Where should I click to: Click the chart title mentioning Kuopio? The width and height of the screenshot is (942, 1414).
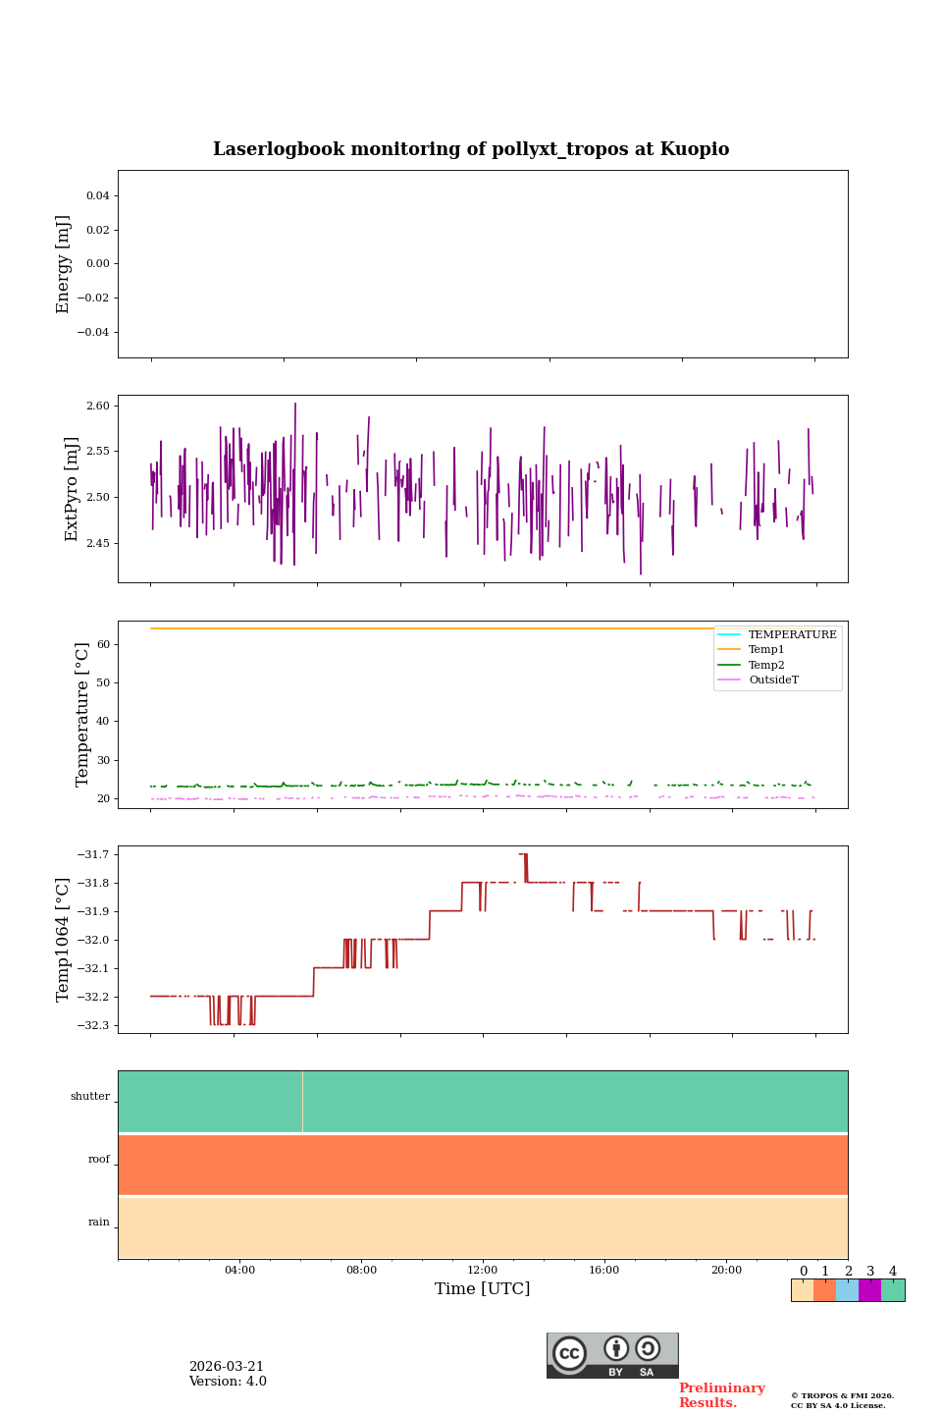click(x=471, y=149)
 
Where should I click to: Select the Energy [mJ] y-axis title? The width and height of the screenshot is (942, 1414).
click(x=64, y=264)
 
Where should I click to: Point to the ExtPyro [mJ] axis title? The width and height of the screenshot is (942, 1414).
click(x=72, y=489)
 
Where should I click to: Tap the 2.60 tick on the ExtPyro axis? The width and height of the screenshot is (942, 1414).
click(x=98, y=406)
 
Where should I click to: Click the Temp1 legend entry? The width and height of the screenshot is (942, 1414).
click(x=766, y=650)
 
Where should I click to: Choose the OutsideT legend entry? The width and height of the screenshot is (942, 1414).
click(x=773, y=680)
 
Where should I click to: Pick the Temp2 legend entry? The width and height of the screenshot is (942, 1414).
click(x=766, y=665)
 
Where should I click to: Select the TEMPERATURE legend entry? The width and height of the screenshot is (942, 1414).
click(x=792, y=635)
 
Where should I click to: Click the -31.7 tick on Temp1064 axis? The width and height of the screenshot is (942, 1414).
click(x=91, y=854)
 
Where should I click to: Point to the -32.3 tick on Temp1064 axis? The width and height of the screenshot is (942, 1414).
click(x=91, y=1025)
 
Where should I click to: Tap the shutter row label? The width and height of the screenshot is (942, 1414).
click(x=90, y=1097)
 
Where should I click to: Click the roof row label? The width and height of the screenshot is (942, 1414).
click(x=99, y=1160)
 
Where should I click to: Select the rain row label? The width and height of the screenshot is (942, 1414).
click(x=99, y=1223)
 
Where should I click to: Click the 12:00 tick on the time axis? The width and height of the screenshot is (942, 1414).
click(x=483, y=1271)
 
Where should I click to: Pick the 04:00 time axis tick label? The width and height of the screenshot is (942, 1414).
click(x=239, y=1271)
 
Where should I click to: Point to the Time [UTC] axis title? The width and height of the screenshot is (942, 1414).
click(x=483, y=1289)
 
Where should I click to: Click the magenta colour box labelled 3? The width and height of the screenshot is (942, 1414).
click(x=869, y=1290)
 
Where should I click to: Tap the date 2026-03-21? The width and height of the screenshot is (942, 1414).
click(x=227, y=1367)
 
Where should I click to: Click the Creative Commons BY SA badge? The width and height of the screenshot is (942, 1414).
click(x=612, y=1355)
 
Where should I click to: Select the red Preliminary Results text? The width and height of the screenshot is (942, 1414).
click(x=721, y=1395)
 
